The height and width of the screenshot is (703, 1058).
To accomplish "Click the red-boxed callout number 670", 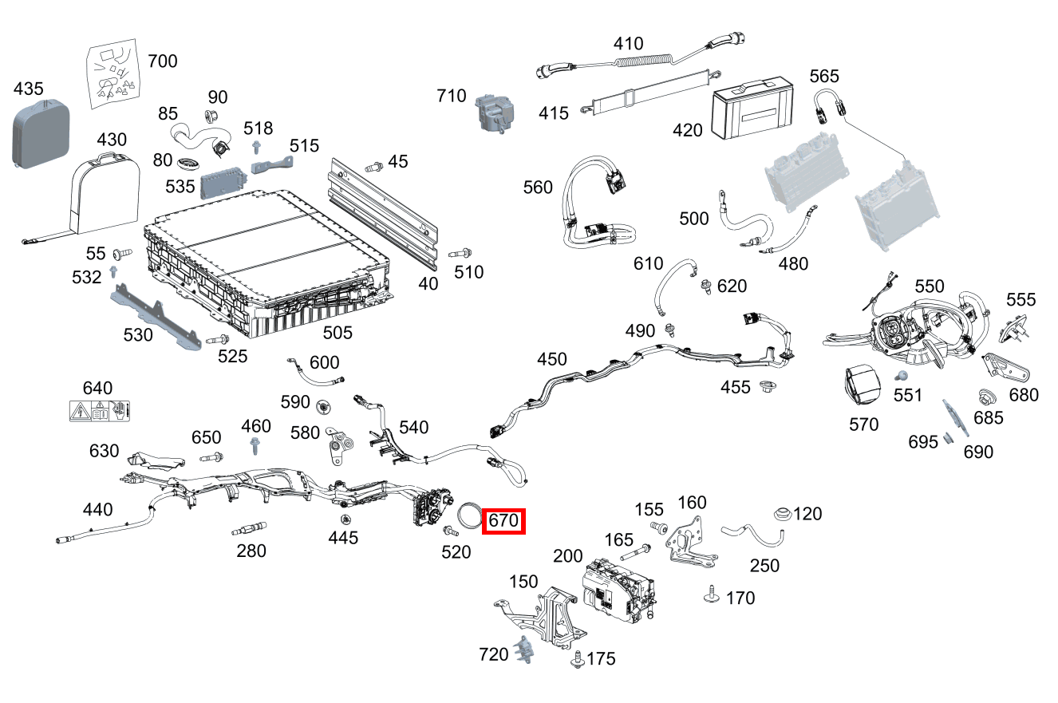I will coord(504,521).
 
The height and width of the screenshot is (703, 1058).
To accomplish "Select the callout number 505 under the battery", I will coord(337,332).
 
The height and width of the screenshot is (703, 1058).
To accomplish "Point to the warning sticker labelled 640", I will coord(100,411).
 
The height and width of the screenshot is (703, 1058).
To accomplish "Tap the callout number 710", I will coord(452,97).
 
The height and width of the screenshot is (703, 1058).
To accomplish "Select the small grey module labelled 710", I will coord(495,113).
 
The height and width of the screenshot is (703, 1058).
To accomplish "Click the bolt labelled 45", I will coord(373,167).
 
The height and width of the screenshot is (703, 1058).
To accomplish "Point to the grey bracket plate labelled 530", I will coord(156,316).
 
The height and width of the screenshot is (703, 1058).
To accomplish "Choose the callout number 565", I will coord(824,76).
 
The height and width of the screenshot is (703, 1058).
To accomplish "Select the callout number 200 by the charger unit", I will coord(568,556).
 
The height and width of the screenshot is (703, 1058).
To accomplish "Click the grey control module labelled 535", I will coord(223,185).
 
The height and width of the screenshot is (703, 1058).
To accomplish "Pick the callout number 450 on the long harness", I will coord(552,360).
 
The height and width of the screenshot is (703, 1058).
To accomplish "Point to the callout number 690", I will coord(978,452).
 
